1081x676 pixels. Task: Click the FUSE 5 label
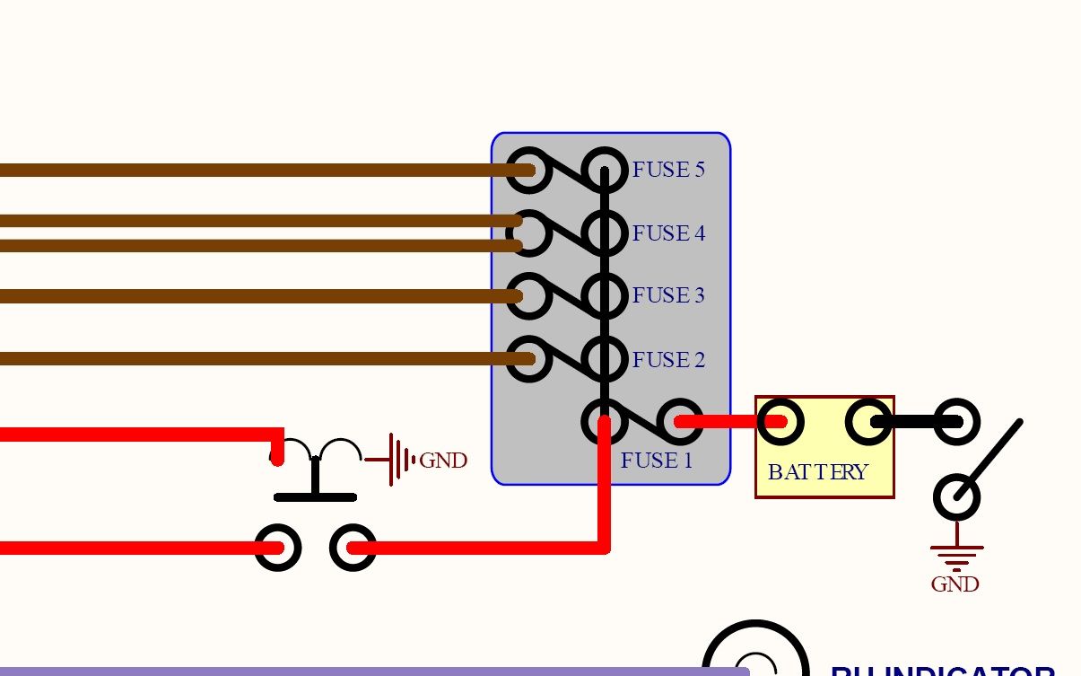tap(668, 170)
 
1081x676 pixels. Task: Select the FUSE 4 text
tap(668, 233)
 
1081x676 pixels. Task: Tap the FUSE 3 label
tap(668, 295)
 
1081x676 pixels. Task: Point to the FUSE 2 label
tap(668, 360)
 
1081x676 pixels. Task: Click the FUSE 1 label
tap(657, 461)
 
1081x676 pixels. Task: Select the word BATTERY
tap(817, 471)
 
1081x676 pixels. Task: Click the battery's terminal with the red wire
tap(780, 421)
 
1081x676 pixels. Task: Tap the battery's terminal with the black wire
tap(868, 422)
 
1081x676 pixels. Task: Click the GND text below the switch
tap(955, 584)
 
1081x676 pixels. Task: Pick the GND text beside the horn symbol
tap(443, 461)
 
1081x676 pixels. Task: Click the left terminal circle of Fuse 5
tap(528, 170)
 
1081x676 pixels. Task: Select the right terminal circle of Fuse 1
tap(681, 421)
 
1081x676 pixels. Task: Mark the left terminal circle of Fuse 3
tap(528, 295)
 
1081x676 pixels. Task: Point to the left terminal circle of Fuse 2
tap(528, 359)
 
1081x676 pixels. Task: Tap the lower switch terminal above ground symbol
tap(956, 496)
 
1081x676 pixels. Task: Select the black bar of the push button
tap(315, 496)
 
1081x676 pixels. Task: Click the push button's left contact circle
tap(277, 547)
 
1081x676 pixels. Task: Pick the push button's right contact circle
tap(353, 547)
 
